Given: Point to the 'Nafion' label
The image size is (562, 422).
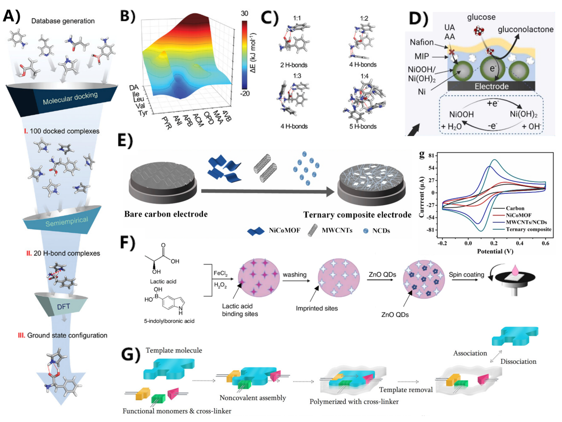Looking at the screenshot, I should (426, 44).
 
